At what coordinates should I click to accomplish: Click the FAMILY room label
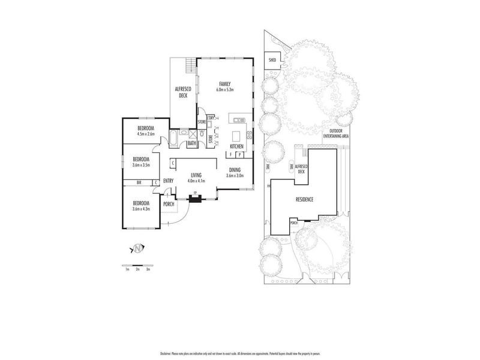pyautogui.click(x=225, y=84)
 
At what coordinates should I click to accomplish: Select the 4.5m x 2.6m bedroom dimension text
pyautogui.click(x=146, y=134)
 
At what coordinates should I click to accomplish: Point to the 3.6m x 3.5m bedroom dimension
pyautogui.click(x=142, y=163)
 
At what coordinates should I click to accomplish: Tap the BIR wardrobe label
pyautogui.click(x=139, y=182)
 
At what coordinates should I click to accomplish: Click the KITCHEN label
pyautogui.click(x=236, y=147)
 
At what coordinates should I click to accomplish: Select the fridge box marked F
pyautogui.click(x=230, y=154)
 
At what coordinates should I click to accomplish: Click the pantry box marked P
pyautogui.click(x=238, y=154)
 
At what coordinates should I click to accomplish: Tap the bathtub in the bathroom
pyautogui.click(x=174, y=137)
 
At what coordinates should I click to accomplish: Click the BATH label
pyautogui.click(x=191, y=143)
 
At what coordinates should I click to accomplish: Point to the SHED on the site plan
pyautogui.click(x=272, y=61)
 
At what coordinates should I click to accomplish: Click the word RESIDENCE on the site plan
pyautogui.click(x=304, y=199)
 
